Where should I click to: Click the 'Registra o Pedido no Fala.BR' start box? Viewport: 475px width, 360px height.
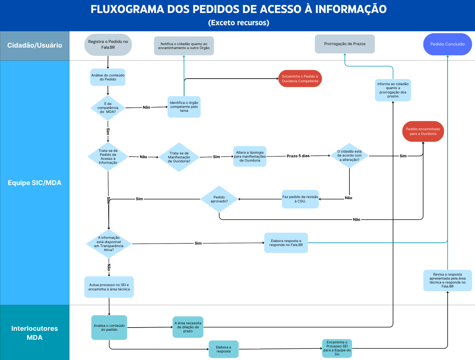108,44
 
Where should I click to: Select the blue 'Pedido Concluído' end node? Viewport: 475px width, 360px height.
447,44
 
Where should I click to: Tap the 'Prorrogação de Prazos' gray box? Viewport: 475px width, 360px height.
345,44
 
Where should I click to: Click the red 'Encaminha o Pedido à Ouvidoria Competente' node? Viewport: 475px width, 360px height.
300,79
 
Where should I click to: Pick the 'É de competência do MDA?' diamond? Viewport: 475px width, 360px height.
108,108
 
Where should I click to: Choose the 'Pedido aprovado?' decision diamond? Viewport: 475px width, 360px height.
219,199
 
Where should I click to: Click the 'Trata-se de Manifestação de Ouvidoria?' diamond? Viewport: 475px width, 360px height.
179,157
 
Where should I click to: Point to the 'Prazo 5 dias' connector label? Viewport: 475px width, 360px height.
298,156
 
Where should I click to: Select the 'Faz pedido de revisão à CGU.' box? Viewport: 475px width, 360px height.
300,199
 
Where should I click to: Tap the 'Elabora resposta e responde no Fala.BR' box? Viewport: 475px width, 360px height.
286,243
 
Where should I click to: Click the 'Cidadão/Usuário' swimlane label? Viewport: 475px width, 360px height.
35,45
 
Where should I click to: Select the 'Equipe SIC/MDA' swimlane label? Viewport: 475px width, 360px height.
35,183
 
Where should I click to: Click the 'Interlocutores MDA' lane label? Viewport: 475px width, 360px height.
35,333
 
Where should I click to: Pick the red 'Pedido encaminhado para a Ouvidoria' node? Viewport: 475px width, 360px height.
423,131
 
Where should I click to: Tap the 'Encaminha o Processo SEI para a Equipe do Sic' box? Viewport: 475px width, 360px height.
337,348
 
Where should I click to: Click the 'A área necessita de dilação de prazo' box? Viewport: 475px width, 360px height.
188,327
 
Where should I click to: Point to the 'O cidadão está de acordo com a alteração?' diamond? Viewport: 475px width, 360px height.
349,156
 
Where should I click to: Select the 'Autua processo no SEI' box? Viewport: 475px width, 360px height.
109,287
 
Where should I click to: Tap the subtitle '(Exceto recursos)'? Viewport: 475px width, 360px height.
239,23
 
